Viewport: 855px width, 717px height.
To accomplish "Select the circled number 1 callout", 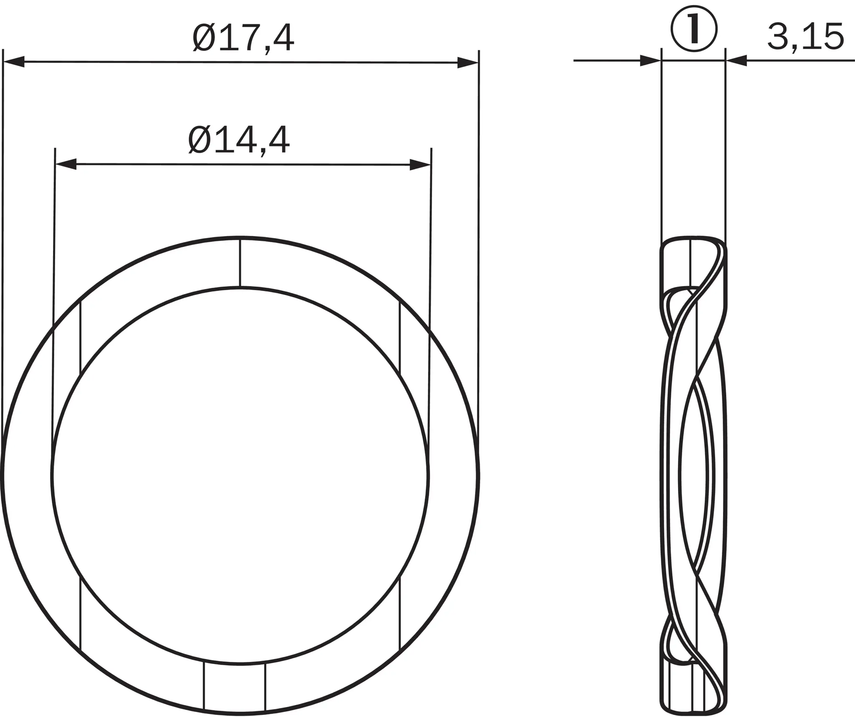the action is (694, 29).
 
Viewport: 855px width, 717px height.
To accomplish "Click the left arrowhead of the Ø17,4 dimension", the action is (13, 61).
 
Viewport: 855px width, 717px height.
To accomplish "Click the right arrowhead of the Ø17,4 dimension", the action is (468, 63).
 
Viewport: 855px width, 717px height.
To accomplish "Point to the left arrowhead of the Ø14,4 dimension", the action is (66, 164).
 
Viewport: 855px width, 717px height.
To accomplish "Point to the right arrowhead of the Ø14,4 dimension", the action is (420, 165).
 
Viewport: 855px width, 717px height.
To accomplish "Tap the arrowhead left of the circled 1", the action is (651, 61).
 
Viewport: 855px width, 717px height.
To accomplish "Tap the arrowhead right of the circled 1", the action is (736, 61).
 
